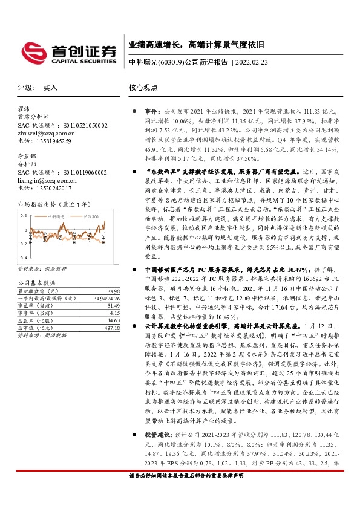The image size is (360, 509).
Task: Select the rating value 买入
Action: coord(50,88)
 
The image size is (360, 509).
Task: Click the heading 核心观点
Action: coord(143,88)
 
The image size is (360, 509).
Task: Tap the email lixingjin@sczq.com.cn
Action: coord(47,180)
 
